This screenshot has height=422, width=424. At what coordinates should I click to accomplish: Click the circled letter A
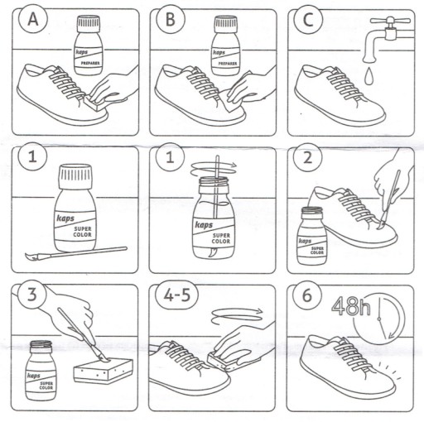(x=33, y=19)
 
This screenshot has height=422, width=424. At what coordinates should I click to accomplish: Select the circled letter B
(x=171, y=19)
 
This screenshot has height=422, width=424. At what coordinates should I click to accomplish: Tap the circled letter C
(x=308, y=19)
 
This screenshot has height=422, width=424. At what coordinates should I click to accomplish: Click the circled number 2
(x=307, y=157)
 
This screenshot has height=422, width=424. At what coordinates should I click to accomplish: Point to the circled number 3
(x=32, y=295)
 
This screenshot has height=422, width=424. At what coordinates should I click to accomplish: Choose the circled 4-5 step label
(x=177, y=295)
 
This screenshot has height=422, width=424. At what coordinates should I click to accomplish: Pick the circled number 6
(x=307, y=295)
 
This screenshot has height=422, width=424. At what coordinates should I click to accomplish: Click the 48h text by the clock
(x=351, y=306)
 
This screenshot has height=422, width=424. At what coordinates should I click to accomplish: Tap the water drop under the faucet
(x=369, y=76)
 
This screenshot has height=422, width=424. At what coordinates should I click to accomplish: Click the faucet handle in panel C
(x=390, y=21)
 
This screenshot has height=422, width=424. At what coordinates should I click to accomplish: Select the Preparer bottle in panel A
(x=89, y=46)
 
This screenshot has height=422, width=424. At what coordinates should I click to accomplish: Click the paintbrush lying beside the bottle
(x=76, y=253)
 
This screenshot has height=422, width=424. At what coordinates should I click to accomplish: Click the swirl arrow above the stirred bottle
(x=214, y=169)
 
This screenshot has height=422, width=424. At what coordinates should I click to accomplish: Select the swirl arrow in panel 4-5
(x=237, y=315)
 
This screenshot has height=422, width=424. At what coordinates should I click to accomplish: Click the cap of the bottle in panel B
(x=226, y=24)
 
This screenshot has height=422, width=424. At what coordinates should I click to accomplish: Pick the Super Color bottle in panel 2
(x=311, y=236)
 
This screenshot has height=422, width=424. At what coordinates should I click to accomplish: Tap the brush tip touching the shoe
(x=381, y=225)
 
